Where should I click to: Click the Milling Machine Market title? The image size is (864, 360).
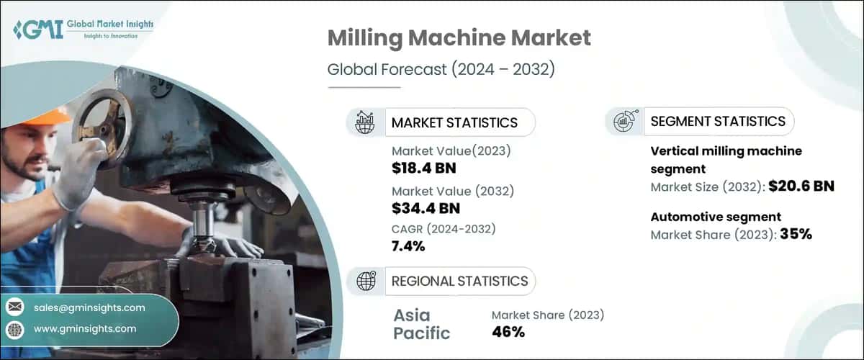coord(459,39)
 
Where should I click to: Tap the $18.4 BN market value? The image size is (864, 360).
coord(424,168)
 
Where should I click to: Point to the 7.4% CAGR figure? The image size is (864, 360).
coord(408,246)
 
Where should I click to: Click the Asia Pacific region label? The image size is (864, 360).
coord(422,323)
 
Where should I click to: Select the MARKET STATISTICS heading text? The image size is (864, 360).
coord(454,122)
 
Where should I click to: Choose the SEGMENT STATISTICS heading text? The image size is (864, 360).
coord(718,121)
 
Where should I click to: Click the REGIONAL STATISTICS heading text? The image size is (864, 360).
coord(459,281)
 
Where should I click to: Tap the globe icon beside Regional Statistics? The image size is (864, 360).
coord(366,282)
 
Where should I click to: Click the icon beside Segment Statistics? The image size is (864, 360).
coord(624,121)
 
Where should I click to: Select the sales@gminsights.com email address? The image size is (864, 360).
coord(89,307)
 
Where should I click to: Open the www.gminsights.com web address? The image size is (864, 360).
coord(84,329)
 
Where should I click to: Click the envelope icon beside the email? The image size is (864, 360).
coord(14,307)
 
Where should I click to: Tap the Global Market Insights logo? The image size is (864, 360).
coord(83,30)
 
